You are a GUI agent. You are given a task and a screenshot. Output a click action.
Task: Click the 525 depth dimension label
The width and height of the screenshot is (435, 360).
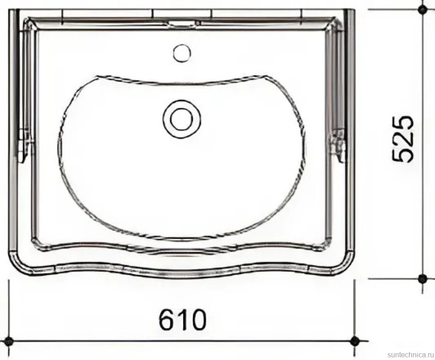[x=403, y=139]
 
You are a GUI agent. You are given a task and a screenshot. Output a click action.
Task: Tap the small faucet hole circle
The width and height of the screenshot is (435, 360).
[x=182, y=53]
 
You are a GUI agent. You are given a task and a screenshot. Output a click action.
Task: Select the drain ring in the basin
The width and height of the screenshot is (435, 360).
[x=182, y=119]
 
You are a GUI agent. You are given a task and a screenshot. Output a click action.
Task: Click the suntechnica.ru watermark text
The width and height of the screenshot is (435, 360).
[x=410, y=355]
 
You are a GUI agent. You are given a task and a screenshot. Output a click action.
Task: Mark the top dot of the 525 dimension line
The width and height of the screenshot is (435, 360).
[x=422, y=10]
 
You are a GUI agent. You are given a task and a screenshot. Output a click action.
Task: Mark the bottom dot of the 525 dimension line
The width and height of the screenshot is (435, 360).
[x=422, y=278]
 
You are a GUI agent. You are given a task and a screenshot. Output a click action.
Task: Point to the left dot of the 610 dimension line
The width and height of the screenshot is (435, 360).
[x=9, y=341]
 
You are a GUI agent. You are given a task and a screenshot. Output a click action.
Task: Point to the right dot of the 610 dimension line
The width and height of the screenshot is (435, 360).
[x=354, y=341]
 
